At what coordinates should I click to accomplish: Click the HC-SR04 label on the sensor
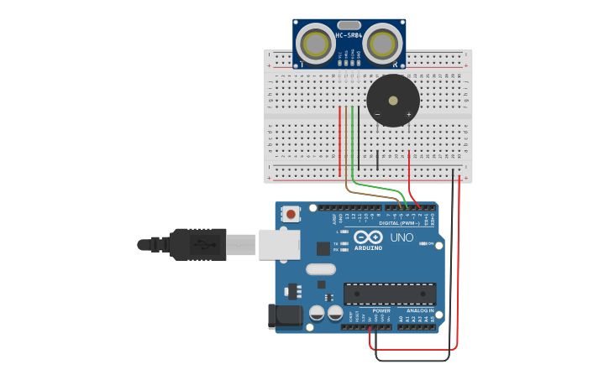click(349, 35)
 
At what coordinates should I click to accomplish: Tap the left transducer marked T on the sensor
click(317, 44)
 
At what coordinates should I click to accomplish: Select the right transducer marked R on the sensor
click(382, 42)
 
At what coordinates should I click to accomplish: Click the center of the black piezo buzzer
click(393, 101)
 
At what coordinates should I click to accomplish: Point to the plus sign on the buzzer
click(409, 114)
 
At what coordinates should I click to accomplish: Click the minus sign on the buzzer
click(377, 114)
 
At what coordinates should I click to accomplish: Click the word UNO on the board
click(402, 237)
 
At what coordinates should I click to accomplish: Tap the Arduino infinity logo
click(367, 237)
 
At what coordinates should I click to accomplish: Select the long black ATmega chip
click(390, 294)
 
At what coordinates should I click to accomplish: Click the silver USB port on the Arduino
click(279, 243)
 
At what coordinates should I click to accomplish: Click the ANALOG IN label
click(420, 310)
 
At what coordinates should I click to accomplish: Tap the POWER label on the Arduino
click(381, 310)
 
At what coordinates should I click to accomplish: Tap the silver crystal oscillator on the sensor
click(349, 25)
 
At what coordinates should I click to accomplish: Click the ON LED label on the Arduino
click(430, 244)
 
